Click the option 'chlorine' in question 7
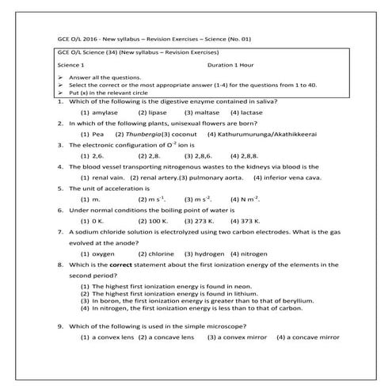[x=158, y=253]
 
